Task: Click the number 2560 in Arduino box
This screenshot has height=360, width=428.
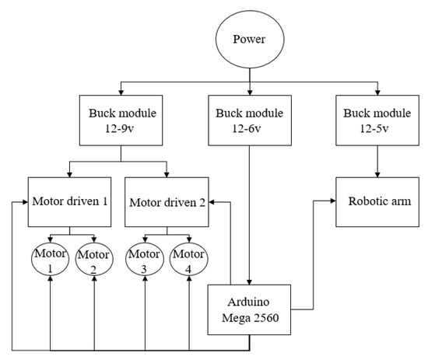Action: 265,318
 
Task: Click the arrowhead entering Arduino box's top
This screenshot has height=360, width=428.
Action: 249,282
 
